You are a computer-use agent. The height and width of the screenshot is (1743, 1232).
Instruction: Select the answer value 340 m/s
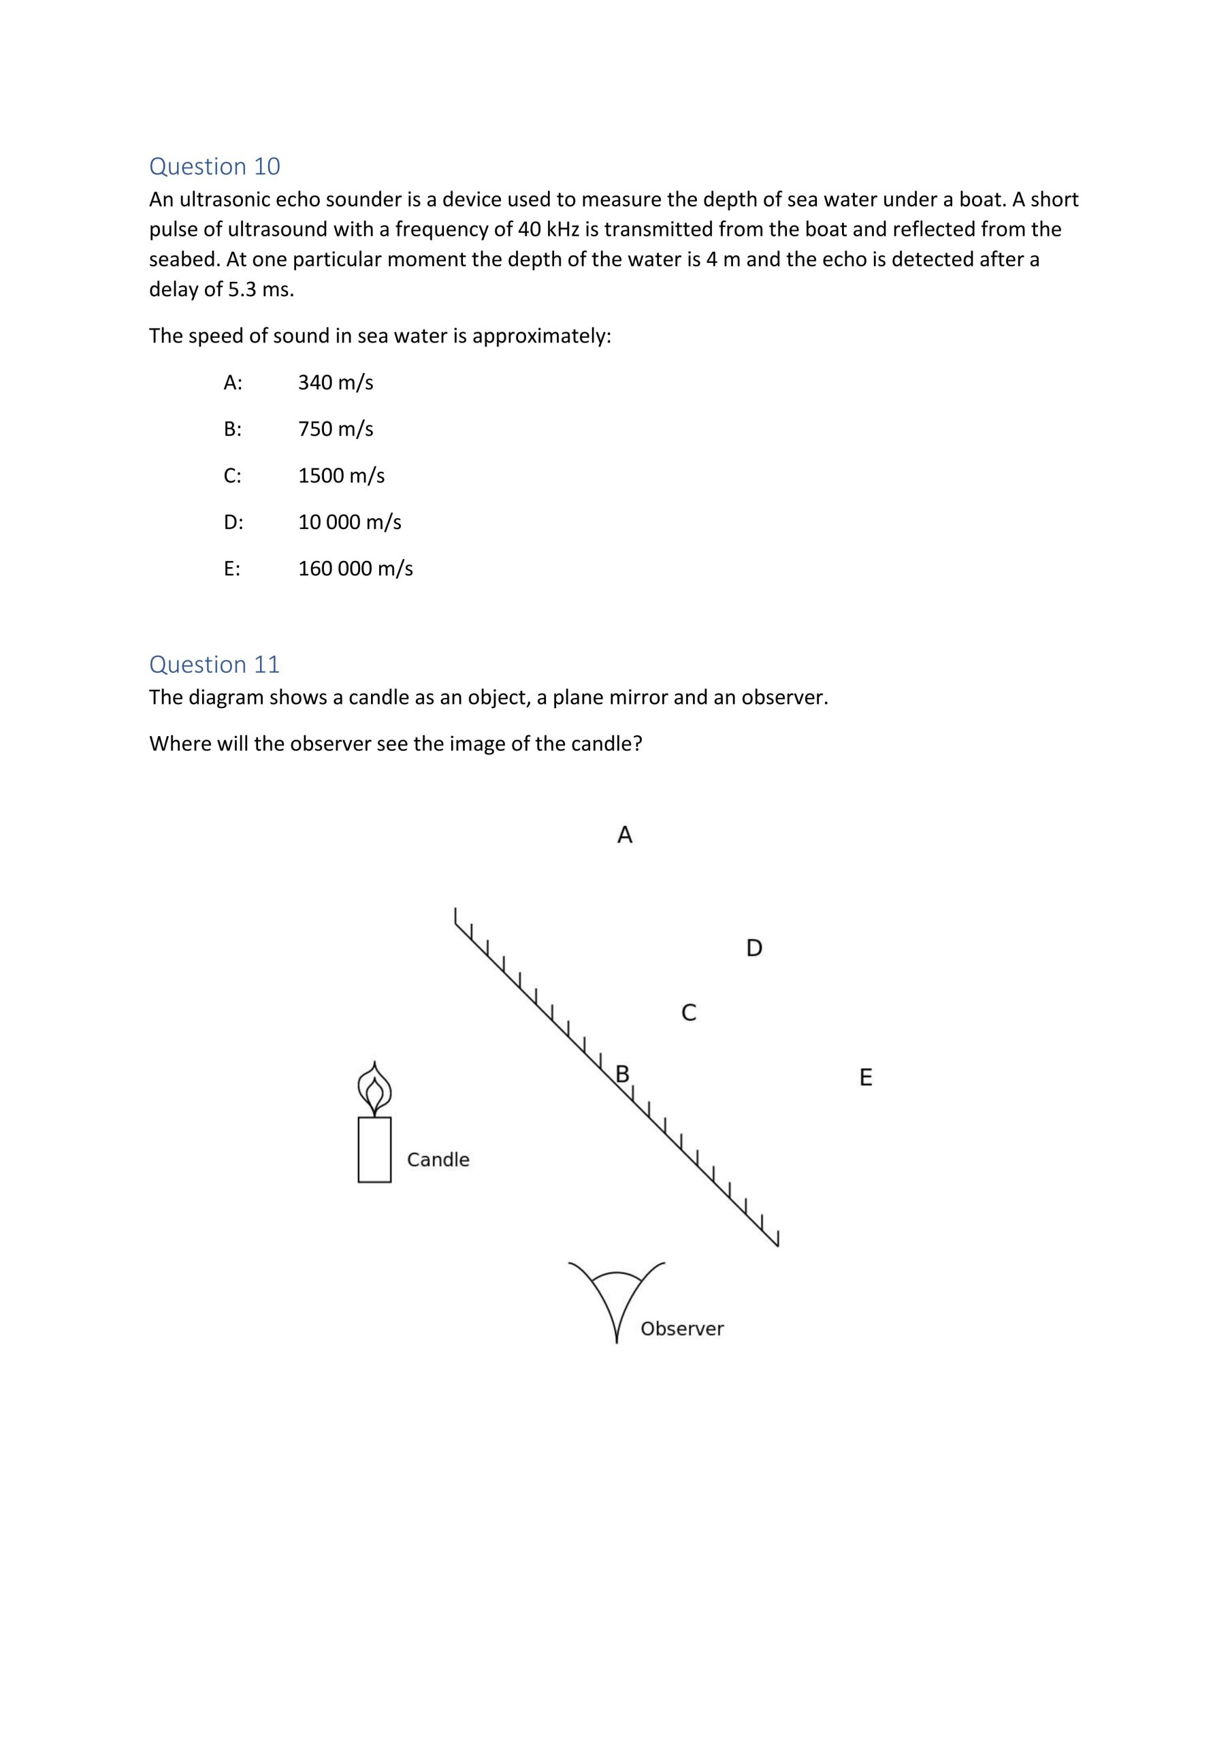[336, 383]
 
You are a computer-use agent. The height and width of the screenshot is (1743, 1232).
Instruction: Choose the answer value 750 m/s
[336, 429]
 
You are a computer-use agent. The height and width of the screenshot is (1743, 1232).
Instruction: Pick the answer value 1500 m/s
[341, 476]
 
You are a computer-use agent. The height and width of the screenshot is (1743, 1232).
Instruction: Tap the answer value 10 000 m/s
[349, 522]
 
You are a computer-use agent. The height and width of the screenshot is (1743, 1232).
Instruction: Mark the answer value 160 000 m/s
[355, 569]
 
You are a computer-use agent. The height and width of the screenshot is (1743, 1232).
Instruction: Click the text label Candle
[438, 1160]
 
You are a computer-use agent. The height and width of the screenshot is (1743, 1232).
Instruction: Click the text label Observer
[681, 1328]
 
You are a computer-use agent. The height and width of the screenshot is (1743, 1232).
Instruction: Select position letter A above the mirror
[625, 835]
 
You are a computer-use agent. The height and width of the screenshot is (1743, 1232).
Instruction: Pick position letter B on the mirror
[622, 1074]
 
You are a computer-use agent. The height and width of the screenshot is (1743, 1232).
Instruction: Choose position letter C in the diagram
[689, 1012]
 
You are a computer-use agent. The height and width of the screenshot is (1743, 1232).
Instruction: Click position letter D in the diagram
[753, 948]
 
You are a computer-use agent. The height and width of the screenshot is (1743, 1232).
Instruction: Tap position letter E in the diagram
[865, 1077]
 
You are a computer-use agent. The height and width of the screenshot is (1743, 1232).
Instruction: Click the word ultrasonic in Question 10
[224, 199]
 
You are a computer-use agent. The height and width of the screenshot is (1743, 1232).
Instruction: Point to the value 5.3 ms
[261, 289]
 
